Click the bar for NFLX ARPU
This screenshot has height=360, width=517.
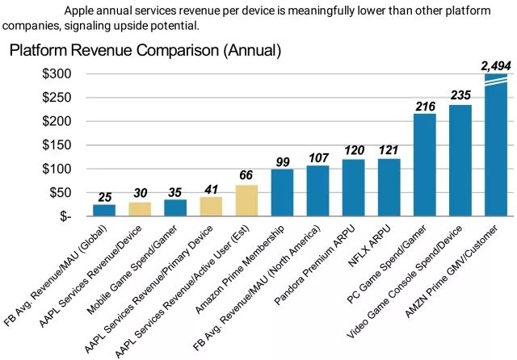point(389,187)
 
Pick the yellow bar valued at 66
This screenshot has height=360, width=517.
point(246,201)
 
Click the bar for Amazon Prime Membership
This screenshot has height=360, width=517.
point(282,193)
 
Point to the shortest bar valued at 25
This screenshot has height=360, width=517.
point(104,211)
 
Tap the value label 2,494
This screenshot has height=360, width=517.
point(494,65)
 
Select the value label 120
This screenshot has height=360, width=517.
point(353,151)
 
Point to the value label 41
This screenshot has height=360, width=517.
point(211,188)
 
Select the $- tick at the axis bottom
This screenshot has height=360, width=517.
point(65,216)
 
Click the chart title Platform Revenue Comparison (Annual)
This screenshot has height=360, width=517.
point(145,51)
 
